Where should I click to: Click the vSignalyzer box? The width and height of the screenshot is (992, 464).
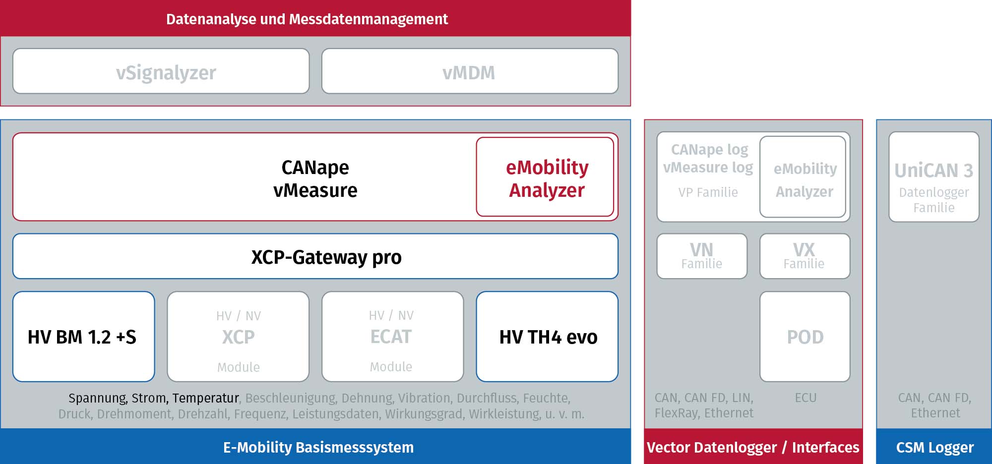(x=161, y=71)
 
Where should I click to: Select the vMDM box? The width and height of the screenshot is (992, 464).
(x=470, y=71)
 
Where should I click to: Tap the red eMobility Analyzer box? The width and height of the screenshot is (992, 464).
(x=545, y=177)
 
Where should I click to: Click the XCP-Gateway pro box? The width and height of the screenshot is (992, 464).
(x=315, y=256)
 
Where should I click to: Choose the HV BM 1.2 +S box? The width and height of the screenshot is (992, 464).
(x=84, y=337)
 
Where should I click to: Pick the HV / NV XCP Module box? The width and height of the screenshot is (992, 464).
(x=238, y=337)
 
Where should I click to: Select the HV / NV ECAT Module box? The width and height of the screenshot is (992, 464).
(x=393, y=337)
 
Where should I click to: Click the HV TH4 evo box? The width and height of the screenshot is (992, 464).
(x=547, y=337)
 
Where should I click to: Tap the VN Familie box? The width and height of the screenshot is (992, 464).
(x=702, y=256)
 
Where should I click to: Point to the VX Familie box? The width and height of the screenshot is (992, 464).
(x=805, y=256)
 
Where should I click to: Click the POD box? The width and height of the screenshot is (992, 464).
(x=805, y=337)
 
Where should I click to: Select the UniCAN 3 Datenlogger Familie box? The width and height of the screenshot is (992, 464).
(x=934, y=177)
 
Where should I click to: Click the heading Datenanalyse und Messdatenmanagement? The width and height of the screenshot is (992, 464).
(x=307, y=19)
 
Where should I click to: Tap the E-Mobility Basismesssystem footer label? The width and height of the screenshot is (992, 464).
(x=318, y=447)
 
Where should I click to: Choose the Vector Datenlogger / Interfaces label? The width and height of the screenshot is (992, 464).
(x=753, y=447)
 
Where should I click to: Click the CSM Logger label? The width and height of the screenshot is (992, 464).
(x=935, y=447)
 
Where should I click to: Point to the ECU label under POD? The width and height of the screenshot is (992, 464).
(x=806, y=398)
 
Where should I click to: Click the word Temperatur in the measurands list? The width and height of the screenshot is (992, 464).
(x=206, y=398)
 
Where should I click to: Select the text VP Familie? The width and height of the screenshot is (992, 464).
(x=708, y=192)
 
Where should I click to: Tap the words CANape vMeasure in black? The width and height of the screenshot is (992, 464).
(x=315, y=178)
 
